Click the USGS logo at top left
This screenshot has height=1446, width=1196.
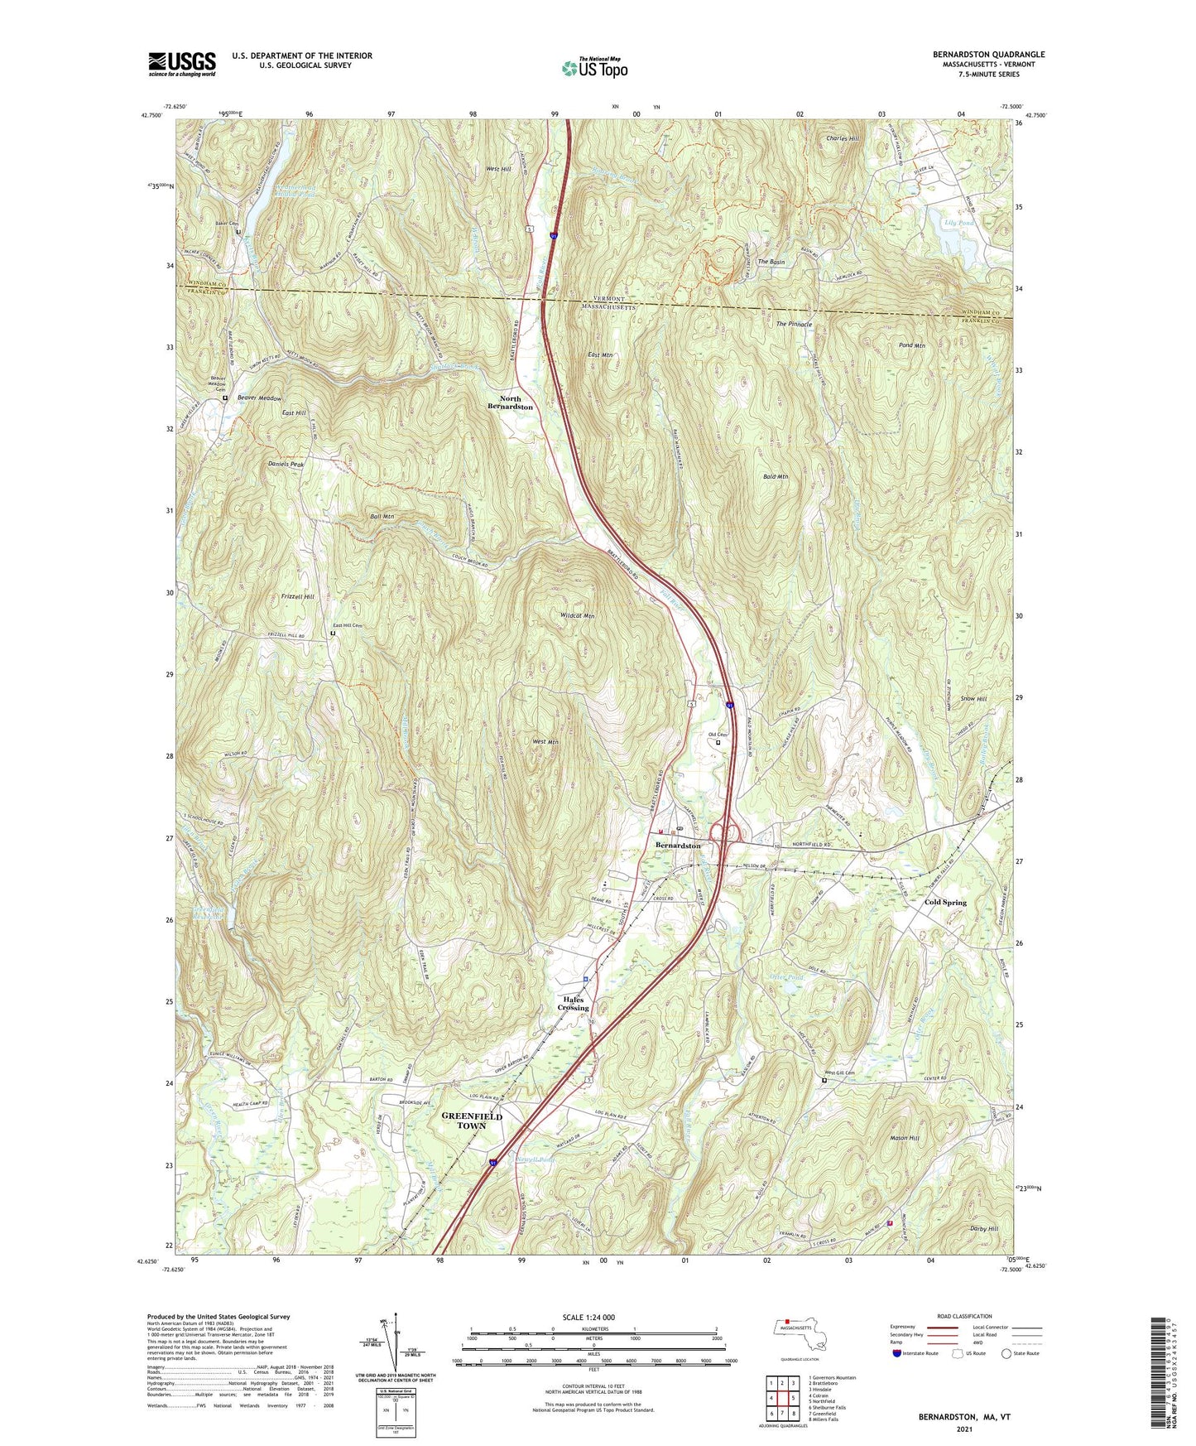pos(181,64)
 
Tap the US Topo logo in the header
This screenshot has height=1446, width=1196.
pos(594,68)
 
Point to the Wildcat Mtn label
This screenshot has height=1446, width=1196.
pos(577,616)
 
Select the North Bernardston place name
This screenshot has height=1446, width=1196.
pos(510,402)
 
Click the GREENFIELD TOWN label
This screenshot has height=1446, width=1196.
pos(472,1121)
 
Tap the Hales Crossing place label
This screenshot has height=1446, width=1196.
pos(572,1004)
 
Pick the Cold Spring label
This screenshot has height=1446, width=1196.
pos(945,902)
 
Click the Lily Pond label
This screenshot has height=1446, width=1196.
pos(959,223)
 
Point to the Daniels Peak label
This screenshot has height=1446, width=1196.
pos(286,465)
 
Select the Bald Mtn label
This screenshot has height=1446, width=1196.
pos(776,477)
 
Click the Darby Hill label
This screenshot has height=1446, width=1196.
pos(983,1229)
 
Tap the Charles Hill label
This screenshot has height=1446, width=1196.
pos(843,138)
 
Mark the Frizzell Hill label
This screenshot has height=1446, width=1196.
pos(298,596)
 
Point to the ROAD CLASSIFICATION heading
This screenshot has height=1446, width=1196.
pos(964,1316)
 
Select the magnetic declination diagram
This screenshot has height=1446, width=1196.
pos(395,1341)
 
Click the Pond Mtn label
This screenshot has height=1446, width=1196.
pos(911,345)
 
